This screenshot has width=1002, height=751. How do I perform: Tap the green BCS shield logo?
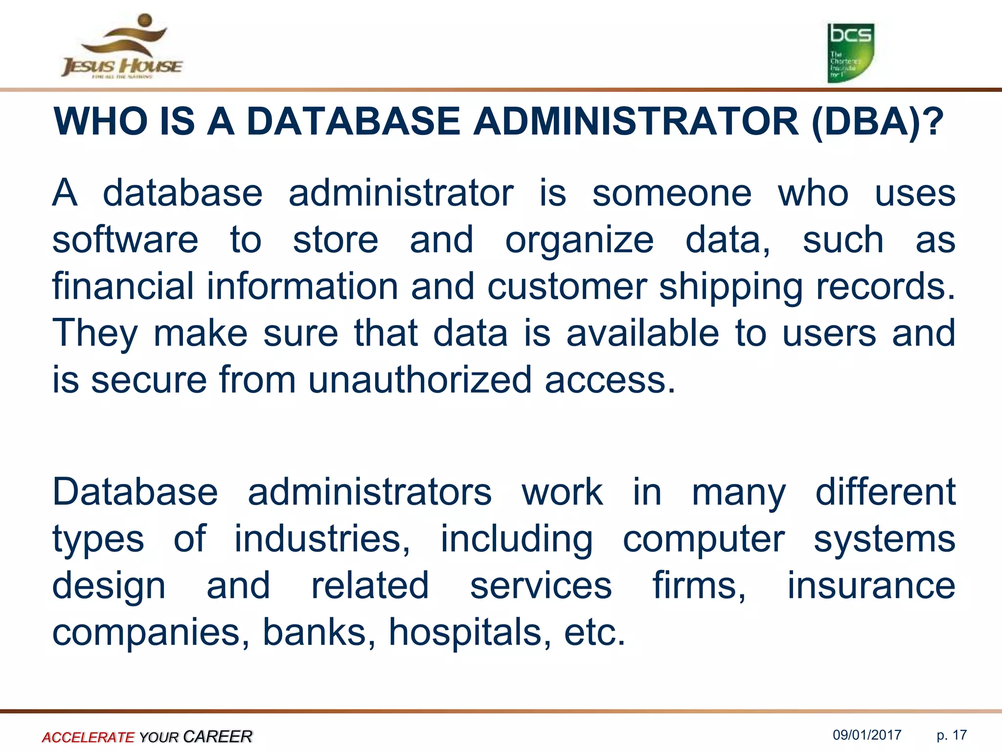pyautogui.click(x=850, y=53)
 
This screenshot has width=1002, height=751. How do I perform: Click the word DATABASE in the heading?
pyautogui.click(x=353, y=121)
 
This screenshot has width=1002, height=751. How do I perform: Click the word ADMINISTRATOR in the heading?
pyautogui.click(x=636, y=121)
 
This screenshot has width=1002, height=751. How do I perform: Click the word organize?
pyautogui.click(x=579, y=241)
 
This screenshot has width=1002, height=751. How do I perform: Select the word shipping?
pyautogui.click(x=731, y=287)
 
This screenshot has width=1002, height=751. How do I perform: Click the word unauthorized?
pyautogui.click(x=420, y=379)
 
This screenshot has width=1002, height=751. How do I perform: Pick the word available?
pyautogui.click(x=642, y=333)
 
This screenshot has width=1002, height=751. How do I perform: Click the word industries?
pyautogui.click(x=322, y=539)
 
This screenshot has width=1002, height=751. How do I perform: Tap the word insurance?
pyautogui.click(x=871, y=585)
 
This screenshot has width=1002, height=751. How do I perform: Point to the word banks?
pyautogui.click(x=319, y=632)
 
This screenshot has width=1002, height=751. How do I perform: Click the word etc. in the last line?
pyautogui.click(x=594, y=632)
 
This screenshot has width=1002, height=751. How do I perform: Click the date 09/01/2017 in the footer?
pyautogui.click(x=867, y=735)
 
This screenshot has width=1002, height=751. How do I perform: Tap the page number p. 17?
pyautogui.click(x=952, y=735)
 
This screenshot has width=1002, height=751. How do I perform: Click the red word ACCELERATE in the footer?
pyautogui.click(x=88, y=737)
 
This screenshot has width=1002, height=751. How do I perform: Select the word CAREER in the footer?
pyautogui.click(x=218, y=736)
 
